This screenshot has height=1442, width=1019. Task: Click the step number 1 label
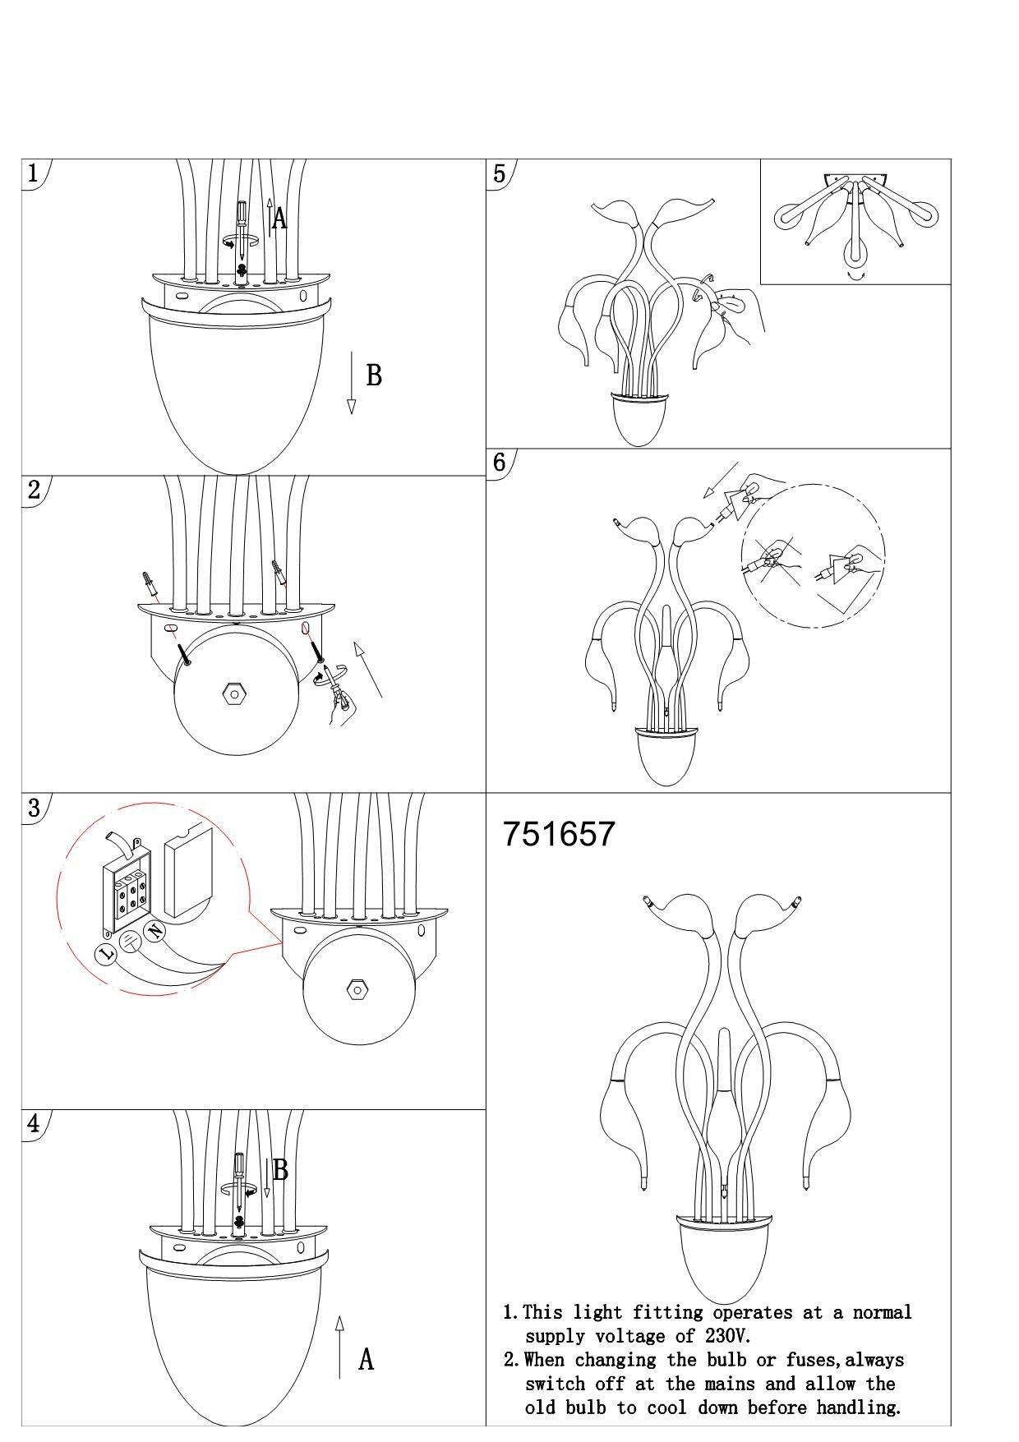(33, 173)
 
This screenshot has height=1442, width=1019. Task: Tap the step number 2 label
(34, 490)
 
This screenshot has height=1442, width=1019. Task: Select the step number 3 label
(34, 807)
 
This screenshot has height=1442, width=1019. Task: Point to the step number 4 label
(34, 1123)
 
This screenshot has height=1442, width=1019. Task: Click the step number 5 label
(499, 173)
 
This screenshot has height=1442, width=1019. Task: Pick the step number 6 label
(499, 462)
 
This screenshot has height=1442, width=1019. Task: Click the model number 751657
(559, 834)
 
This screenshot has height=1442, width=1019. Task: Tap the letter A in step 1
(280, 219)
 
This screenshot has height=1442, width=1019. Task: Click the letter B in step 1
(374, 375)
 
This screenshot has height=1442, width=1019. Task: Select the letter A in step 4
(367, 1360)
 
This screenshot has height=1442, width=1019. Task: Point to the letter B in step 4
(280, 1170)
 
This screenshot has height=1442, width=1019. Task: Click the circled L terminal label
(106, 954)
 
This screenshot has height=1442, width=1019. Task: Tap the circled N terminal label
(154, 931)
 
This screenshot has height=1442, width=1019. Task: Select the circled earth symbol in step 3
(130, 942)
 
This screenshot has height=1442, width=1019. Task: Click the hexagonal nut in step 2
(235, 694)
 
